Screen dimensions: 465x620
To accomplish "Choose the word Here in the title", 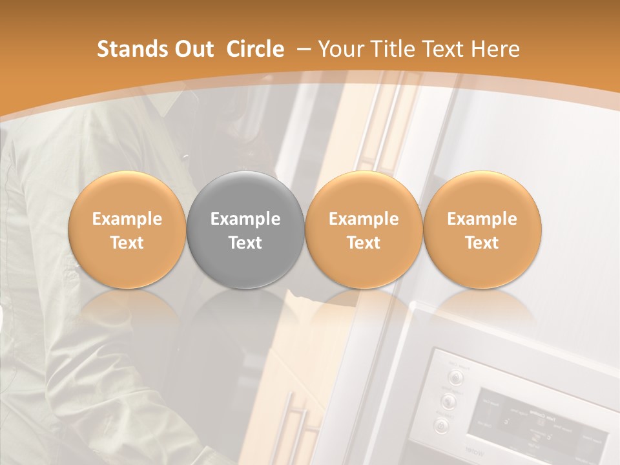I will click(x=495, y=49).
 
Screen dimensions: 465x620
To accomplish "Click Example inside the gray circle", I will click(x=245, y=219).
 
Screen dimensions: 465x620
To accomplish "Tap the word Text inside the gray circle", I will click(x=245, y=243).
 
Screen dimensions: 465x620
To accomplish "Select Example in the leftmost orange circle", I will click(x=127, y=219).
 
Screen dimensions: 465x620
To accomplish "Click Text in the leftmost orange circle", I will click(x=127, y=243).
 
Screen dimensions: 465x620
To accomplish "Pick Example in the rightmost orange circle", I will click(x=482, y=219).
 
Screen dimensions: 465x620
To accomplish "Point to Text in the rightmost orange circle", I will click(x=482, y=243).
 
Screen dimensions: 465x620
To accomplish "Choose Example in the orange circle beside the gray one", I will click(x=364, y=219).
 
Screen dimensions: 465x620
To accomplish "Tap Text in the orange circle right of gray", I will click(x=364, y=243).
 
